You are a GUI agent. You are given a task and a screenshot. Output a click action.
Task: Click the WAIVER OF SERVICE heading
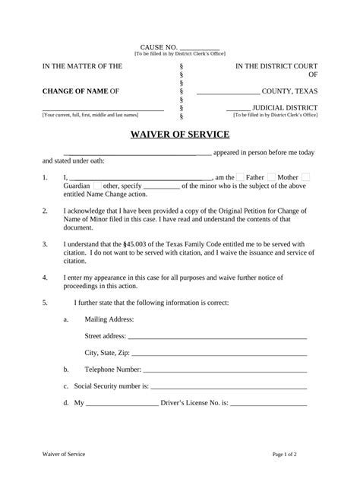tap(179, 135)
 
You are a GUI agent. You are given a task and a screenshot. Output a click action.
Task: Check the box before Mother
tap(272, 176)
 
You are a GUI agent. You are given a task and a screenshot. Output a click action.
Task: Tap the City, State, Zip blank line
tap(219, 354)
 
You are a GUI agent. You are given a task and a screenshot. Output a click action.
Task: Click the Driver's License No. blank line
tap(268, 404)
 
